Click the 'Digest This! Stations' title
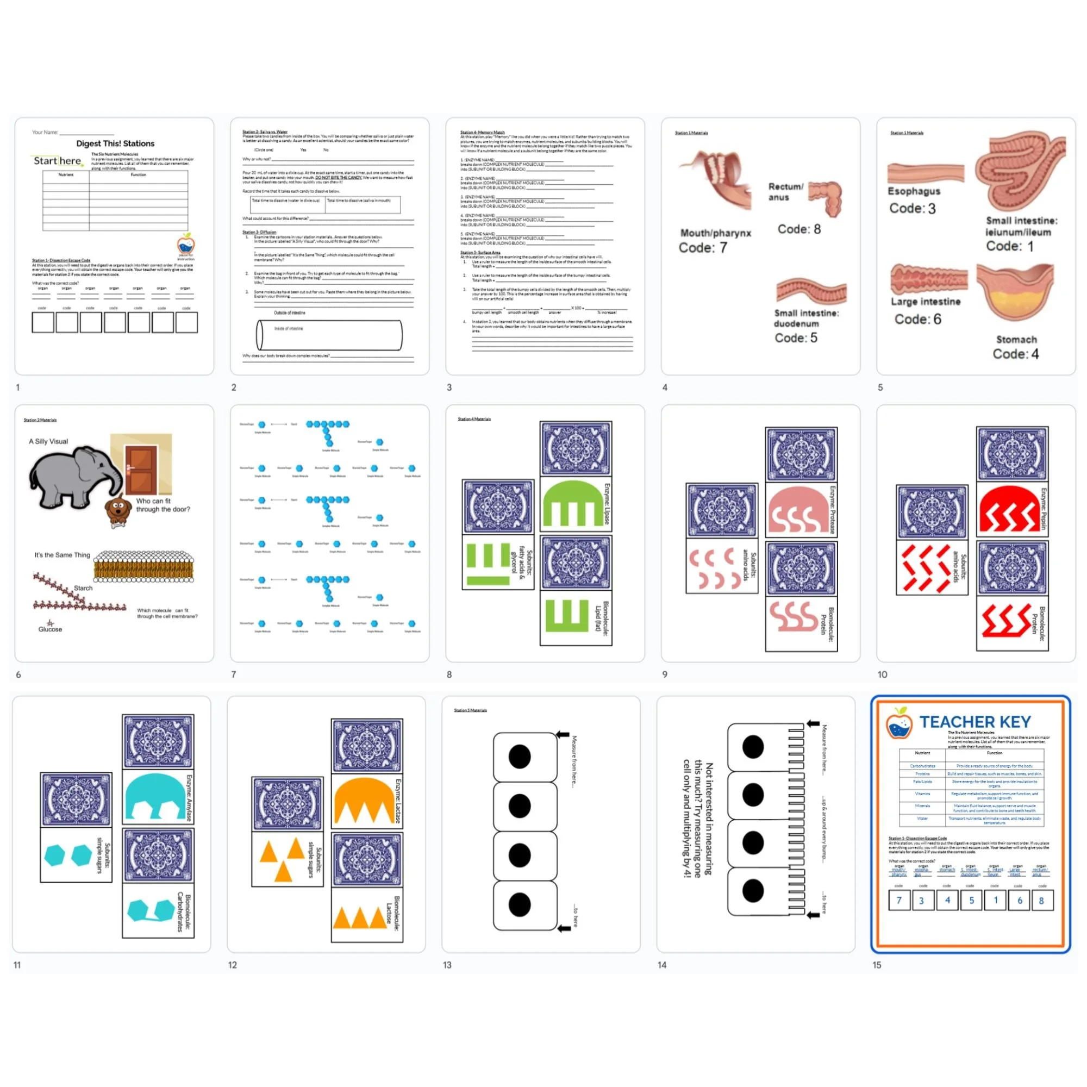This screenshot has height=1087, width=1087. [115, 143]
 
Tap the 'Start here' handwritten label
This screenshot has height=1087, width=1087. [58, 161]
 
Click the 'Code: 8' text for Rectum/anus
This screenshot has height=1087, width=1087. [799, 229]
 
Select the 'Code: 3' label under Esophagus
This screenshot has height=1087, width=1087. [912, 208]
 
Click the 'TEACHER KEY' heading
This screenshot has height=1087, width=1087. [975, 722]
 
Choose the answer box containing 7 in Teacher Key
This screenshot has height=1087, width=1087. [899, 900]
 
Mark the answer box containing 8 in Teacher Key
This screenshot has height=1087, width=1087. [1041, 900]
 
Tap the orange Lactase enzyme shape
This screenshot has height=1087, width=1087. [364, 802]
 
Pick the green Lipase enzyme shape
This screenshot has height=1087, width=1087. [571, 504]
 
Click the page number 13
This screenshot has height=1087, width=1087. [447, 965]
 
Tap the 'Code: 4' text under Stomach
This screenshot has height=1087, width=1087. [1016, 354]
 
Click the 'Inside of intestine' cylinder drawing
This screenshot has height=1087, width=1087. [329, 335]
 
